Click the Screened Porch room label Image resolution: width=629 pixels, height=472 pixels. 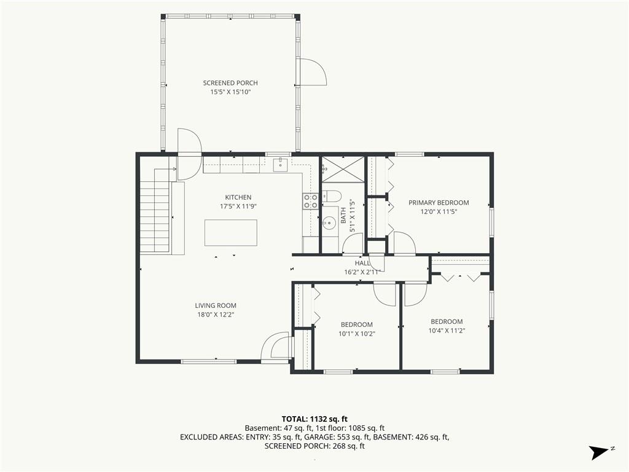tap(230, 83)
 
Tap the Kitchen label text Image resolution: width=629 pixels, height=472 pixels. tap(238, 197)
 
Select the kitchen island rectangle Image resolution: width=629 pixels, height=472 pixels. tap(231, 233)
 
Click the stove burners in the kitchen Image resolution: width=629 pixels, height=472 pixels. tap(310, 201)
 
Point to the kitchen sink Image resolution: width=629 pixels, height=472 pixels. tap(280, 165)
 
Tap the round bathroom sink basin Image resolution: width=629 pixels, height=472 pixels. tap(330, 221)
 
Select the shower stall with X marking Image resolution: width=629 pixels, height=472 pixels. tap(343, 170)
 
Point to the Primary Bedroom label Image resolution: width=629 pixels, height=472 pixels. tap(439, 203)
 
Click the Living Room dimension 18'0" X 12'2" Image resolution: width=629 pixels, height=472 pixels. tap(216, 315)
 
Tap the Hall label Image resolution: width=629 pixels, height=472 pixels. tap(362, 263)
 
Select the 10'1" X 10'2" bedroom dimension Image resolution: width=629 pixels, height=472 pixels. tap(357, 334)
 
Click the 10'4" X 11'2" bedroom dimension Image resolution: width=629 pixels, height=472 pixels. tap(447, 331)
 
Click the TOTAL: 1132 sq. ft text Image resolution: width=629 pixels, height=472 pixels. tap(314, 419)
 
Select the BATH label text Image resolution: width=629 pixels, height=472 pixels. tap(343, 216)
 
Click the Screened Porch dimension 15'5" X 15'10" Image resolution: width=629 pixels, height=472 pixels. tap(230, 92)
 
